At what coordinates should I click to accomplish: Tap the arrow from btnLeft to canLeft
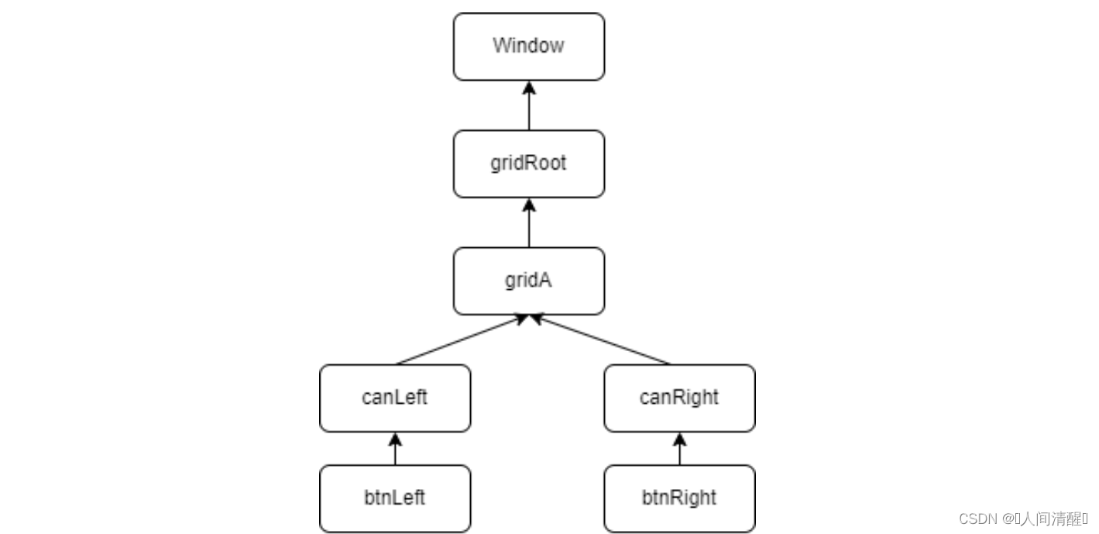(x=395, y=450)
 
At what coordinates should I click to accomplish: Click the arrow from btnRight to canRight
(x=680, y=450)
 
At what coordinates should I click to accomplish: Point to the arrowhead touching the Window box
(x=529, y=87)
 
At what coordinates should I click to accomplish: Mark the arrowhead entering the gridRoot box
(x=529, y=205)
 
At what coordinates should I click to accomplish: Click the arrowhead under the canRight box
(x=680, y=439)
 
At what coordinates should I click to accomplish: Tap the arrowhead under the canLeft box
(x=395, y=439)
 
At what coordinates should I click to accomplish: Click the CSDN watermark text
(x=1023, y=518)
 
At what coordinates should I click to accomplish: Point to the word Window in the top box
(x=528, y=45)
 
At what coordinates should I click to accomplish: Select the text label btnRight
(x=679, y=497)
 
